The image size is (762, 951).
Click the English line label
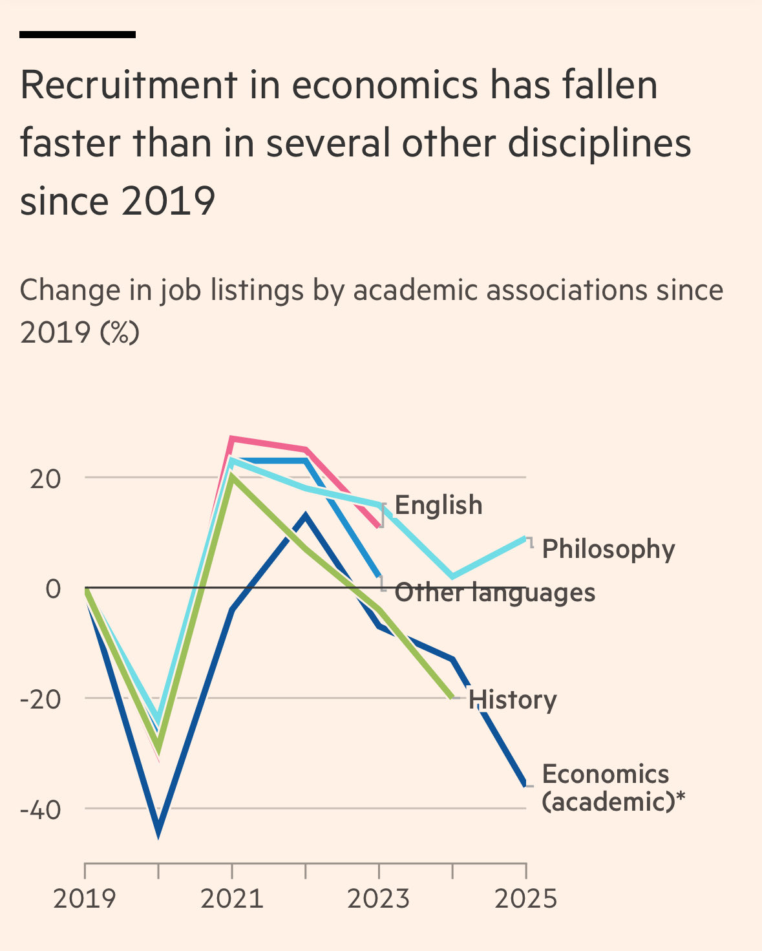point(438,506)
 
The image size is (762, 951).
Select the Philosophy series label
point(608,549)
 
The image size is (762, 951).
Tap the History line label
point(513,700)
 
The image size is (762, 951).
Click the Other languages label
point(495,592)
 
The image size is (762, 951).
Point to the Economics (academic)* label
point(613,787)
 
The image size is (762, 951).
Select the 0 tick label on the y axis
point(53,589)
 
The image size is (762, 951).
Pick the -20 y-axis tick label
point(40,700)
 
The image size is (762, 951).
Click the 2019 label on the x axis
point(85,899)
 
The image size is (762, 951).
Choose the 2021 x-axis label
point(231,899)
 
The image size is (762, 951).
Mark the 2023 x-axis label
point(379,899)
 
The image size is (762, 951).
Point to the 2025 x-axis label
point(525,899)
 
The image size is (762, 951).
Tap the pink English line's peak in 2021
point(231,440)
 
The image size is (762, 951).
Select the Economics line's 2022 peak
point(305,516)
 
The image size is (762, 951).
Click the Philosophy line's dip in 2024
point(452,576)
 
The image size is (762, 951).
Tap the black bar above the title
point(78,34)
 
